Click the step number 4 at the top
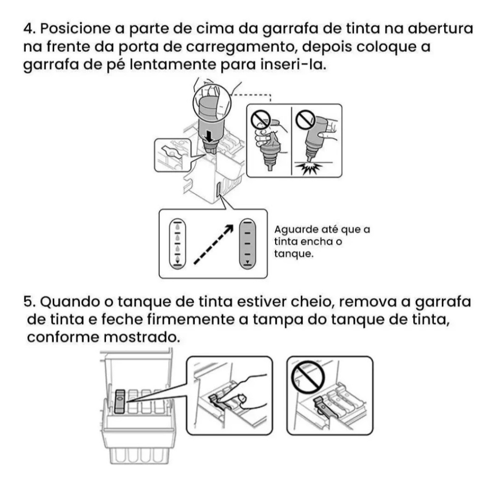[x=31, y=29]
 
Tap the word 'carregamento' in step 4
[x=240, y=47]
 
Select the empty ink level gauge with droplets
[x=177, y=244]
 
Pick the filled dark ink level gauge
[x=248, y=244]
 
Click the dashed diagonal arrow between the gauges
[x=214, y=244]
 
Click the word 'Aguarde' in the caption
[x=296, y=230]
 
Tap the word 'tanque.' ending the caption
[x=294, y=254]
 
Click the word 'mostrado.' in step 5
[x=142, y=337]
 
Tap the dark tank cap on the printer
[x=120, y=402]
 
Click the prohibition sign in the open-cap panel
[x=308, y=377]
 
